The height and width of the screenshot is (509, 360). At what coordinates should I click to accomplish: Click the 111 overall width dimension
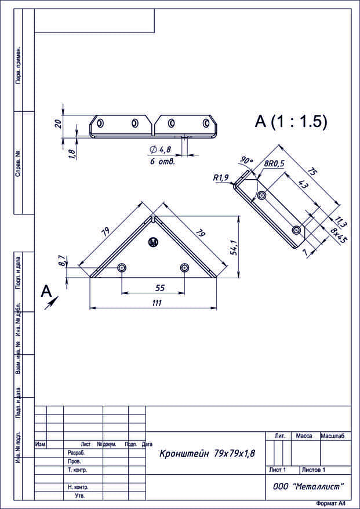pyautogui.click(x=157, y=303)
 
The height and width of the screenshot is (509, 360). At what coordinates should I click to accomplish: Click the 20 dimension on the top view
pyautogui.click(x=59, y=123)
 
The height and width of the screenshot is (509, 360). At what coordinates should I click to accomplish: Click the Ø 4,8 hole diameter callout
pyautogui.click(x=161, y=150)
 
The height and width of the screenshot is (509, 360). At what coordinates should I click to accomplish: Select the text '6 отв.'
pyautogui.click(x=162, y=161)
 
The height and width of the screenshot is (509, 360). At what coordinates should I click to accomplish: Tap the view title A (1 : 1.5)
pyautogui.click(x=291, y=122)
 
